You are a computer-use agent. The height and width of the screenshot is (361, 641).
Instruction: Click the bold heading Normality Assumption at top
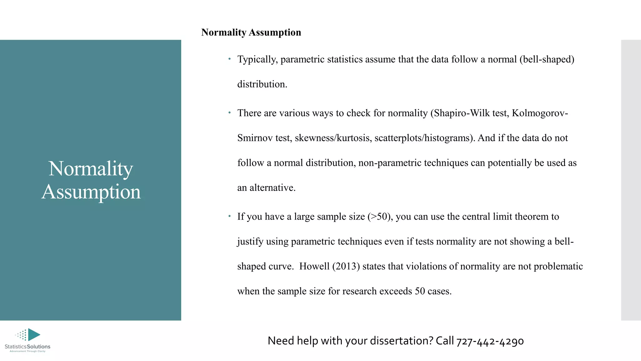(x=251, y=32)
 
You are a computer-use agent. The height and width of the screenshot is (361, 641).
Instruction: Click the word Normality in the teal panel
(x=91, y=169)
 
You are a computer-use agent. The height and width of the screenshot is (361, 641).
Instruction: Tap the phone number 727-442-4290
(x=490, y=341)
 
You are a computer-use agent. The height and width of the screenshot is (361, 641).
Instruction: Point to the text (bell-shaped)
(x=547, y=59)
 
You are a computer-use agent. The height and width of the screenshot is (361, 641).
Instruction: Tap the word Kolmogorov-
(x=540, y=113)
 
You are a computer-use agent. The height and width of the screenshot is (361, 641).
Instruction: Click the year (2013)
(x=346, y=266)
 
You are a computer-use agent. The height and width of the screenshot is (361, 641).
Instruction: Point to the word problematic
(x=558, y=266)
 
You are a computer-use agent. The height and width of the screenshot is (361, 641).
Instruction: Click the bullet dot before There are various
(x=229, y=112)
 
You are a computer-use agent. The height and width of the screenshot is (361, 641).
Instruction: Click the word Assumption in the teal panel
(x=91, y=192)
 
